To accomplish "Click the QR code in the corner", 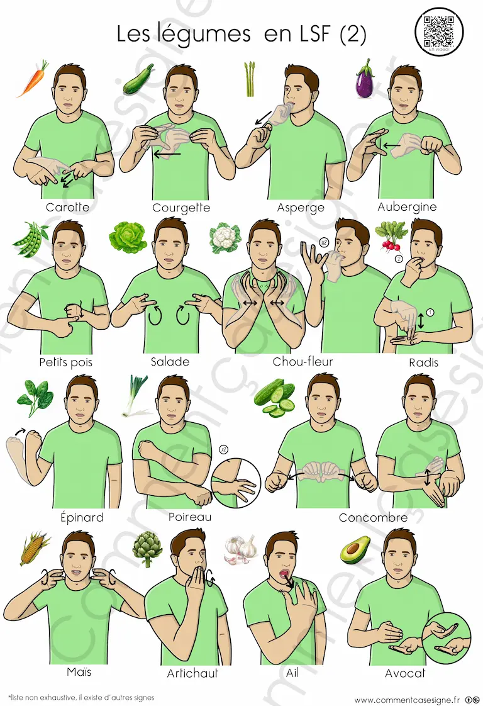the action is point(438,31).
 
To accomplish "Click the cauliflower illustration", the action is point(225,237).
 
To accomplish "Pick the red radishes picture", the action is point(391,235).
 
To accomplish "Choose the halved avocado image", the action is point(355,550).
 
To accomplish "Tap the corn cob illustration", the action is point(35,548).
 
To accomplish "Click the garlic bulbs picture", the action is point(241,549).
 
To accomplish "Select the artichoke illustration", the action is point(147,549).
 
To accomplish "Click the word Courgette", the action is point(181,208).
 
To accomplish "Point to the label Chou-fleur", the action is point(303,362).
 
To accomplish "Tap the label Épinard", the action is point(82,517).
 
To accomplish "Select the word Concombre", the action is point(373,518).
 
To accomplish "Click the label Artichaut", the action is point(192,673).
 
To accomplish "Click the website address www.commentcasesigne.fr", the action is point(407,700).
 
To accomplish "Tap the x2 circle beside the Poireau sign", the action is point(223,449).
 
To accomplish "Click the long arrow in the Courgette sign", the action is point(167,154).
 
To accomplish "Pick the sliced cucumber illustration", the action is point(275,397).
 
